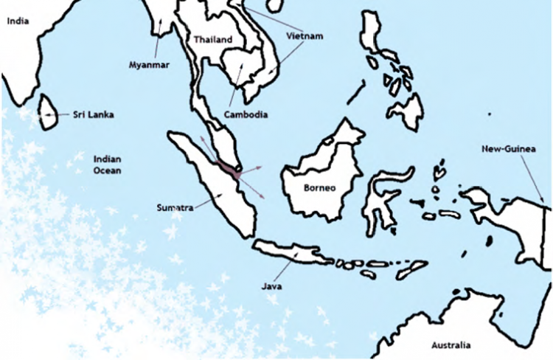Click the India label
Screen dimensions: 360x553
click(x=17, y=21)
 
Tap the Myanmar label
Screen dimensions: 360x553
click(x=149, y=65)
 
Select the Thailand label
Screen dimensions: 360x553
click(x=212, y=40)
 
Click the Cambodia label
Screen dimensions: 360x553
click(x=245, y=115)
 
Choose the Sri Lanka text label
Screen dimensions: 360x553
click(x=93, y=114)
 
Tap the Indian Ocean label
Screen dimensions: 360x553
click(x=107, y=165)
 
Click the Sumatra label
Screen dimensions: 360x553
click(x=175, y=208)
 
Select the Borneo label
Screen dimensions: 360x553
click(x=320, y=187)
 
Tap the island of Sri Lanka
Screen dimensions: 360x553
click(x=48, y=112)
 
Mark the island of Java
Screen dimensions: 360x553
click(x=295, y=254)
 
